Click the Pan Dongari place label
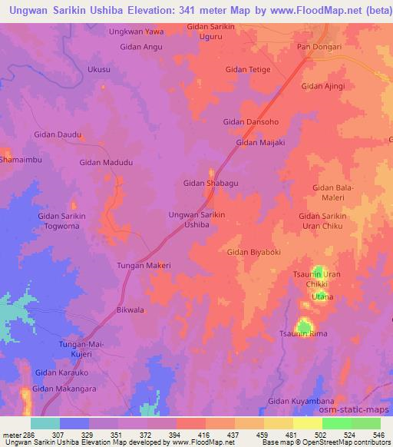tap(319, 47)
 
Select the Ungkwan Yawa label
tap(136, 31)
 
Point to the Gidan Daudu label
tap(58, 134)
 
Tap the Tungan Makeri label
tap(142, 265)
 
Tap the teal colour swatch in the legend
tap(45, 423)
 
